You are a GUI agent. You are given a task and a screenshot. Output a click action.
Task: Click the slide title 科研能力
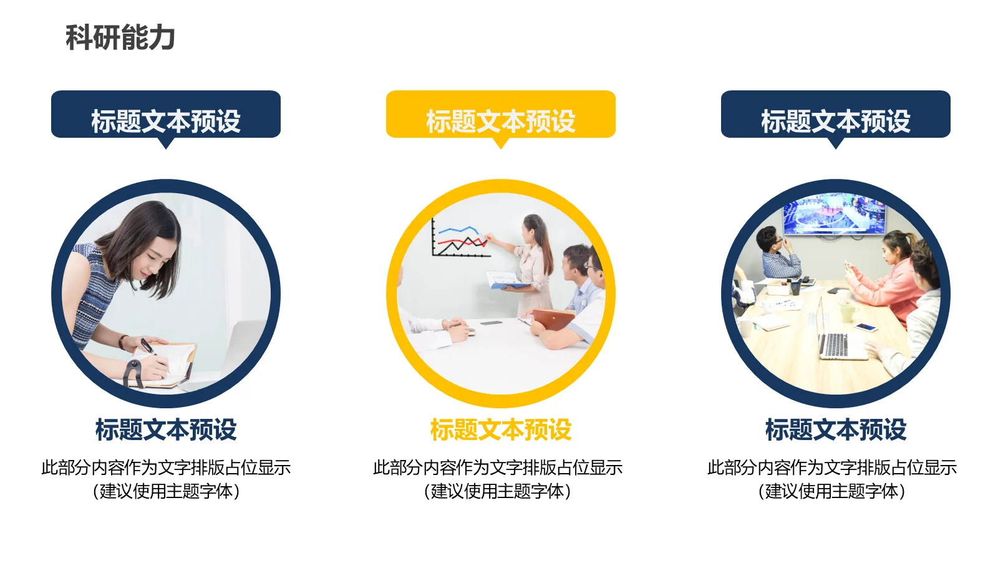point(120,37)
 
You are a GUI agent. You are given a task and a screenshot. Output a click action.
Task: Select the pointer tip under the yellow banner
point(500,145)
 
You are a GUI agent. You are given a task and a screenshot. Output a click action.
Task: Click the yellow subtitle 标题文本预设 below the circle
point(500,429)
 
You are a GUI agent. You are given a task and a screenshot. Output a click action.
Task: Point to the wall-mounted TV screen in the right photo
point(835,214)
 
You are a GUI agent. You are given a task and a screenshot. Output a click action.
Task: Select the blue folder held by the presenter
point(508,280)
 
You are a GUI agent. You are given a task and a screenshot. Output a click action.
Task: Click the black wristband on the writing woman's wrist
point(132,372)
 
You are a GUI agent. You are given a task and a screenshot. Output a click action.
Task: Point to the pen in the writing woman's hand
point(148,347)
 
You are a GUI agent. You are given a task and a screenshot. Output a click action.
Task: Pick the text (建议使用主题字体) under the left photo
point(166,491)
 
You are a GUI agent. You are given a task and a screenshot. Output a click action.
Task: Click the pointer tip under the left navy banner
point(166,145)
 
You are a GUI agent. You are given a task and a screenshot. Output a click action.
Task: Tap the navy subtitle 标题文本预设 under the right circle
point(835,429)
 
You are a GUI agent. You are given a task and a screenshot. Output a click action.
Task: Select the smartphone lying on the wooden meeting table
point(866,327)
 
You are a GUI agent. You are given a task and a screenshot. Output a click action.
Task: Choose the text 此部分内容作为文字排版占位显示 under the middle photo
point(498,467)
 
